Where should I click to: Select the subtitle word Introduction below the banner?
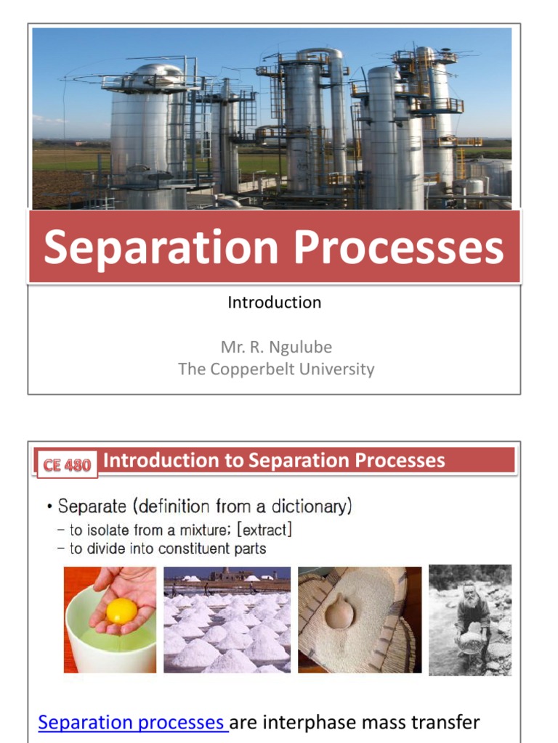[274, 303]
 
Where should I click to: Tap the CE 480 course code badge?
[67, 465]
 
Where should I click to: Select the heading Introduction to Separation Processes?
[274, 461]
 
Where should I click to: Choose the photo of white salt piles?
[227, 620]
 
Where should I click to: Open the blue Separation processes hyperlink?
[133, 723]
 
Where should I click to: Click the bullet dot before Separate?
[49, 506]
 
